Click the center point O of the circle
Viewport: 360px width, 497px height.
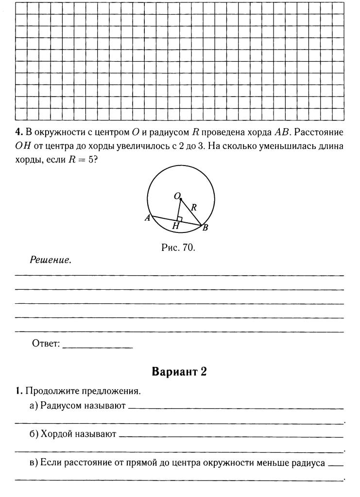pos(180,199)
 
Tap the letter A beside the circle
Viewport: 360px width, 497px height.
pos(147,219)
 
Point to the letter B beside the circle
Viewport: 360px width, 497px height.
pos(205,228)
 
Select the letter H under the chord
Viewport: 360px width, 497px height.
pos(176,226)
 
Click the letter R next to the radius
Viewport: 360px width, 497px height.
pos(193,207)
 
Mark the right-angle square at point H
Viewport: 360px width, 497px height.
pos(179,218)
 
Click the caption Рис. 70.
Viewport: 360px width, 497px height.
pos(178,248)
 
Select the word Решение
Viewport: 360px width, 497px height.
pos(51,260)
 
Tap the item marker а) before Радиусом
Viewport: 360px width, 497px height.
pos(34,405)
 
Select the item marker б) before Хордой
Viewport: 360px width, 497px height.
pos(34,433)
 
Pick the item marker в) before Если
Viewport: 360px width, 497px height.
pos(34,463)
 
